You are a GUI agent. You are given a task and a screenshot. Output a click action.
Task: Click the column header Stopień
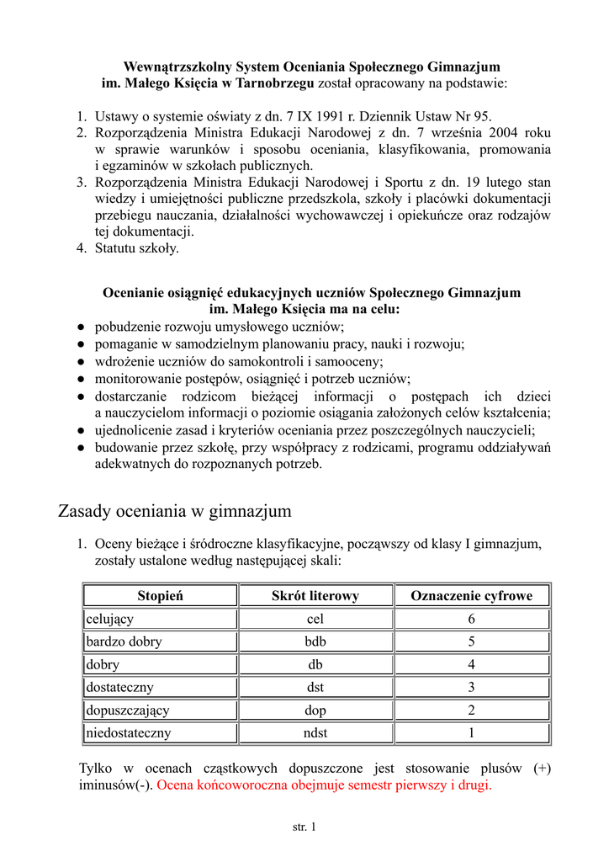coord(160,596)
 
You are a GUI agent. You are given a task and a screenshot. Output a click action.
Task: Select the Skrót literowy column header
coord(315,596)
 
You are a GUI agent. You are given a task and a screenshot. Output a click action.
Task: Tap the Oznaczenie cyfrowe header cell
coord(471,596)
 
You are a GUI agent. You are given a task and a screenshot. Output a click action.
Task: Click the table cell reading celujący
coord(110,619)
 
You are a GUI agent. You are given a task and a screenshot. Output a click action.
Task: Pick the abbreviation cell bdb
coord(315,641)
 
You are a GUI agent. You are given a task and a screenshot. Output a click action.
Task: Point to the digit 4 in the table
coord(471,664)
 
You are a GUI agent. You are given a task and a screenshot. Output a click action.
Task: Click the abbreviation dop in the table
coord(315,710)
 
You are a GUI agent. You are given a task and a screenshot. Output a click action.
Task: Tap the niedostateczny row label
coord(129,733)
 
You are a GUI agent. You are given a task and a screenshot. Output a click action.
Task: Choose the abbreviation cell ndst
coord(315,733)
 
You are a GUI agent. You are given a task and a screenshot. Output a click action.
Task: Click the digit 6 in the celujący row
coord(471,619)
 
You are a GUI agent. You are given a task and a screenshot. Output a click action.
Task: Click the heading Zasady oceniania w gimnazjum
coord(174,511)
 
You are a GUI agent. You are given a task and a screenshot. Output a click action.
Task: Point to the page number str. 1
coord(304,827)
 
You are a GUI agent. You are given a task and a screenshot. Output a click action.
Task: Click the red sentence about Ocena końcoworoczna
coord(324,785)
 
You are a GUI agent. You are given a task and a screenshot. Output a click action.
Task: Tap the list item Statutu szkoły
coord(136,248)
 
